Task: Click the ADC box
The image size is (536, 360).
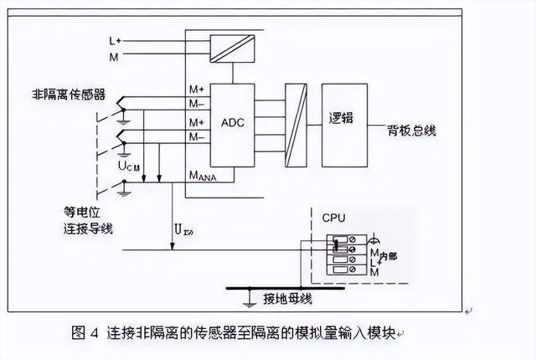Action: tap(232, 123)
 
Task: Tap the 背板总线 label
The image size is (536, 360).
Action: tap(410, 131)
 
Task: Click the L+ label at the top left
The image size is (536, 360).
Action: tap(115, 40)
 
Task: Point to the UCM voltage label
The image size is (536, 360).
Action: tap(128, 167)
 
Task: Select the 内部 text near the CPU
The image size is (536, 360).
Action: tap(385, 253)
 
